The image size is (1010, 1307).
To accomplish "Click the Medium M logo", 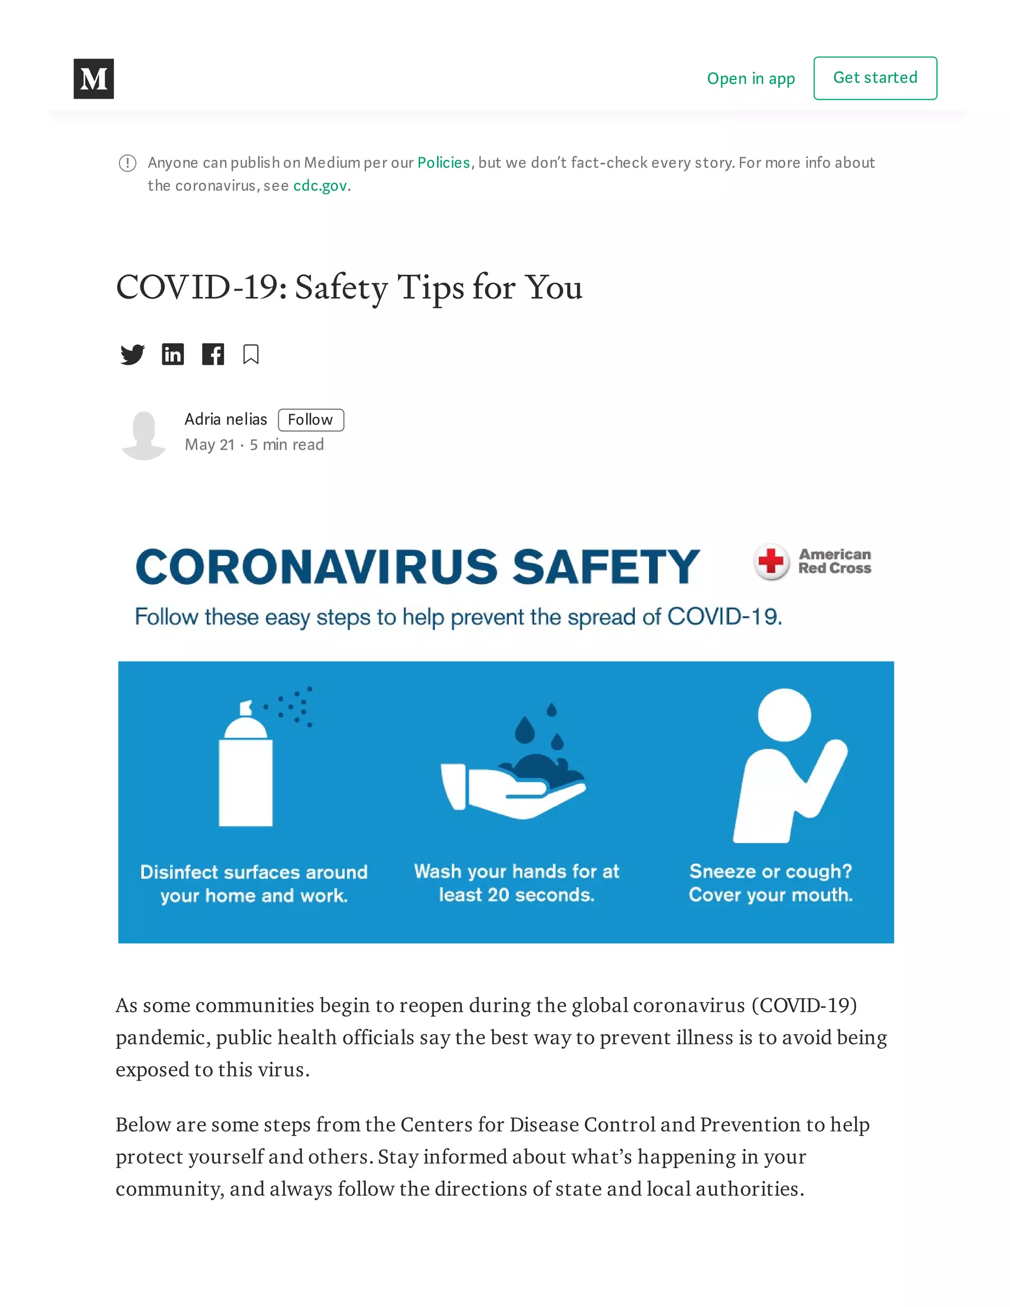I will [x=93, y=78].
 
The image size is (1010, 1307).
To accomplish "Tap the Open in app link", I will [x=750, y=78].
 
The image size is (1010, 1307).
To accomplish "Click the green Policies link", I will [x=443, y=163].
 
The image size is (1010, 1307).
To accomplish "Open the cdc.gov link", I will [x=320, y=185].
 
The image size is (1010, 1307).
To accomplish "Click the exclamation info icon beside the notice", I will [x=127, y=163].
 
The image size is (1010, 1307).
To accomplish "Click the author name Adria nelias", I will [x=225, y=420].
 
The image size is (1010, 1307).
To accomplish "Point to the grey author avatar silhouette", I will [x=144, y=435].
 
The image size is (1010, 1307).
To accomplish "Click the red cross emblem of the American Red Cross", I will [x=771, y=561].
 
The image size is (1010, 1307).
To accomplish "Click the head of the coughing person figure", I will [x=784, y=715].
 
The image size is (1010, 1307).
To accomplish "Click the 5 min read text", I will [x=287, y=445].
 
